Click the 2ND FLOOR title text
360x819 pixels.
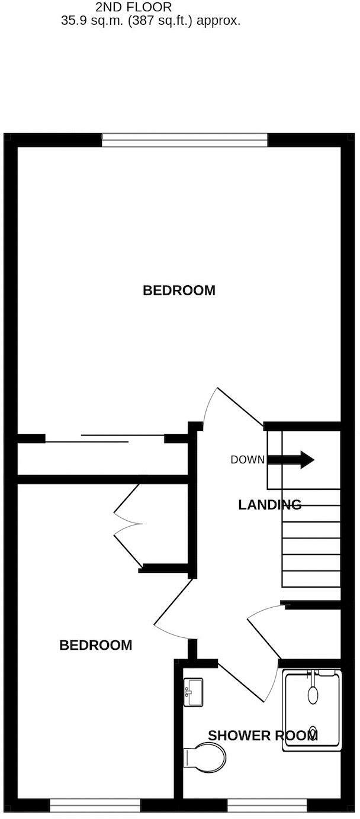(x=134, y=7)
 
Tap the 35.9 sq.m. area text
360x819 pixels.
(x=150, y=21)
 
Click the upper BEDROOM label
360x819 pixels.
(x=179, y=291)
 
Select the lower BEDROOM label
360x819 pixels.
(x=96, y=645)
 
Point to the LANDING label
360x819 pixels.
(x=269, y=505)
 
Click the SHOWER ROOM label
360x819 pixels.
(x=263, y=736)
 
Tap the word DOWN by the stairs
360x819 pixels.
(x=247, y=460)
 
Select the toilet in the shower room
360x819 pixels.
(x=205, y=757)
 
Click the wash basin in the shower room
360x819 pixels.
(x=193, y=692)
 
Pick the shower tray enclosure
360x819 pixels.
(x=312, y=710)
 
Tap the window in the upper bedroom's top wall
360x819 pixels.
(x=185, y=140)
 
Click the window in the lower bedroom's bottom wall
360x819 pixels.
(x=95, y=805)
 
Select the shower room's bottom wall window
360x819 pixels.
(x=268, y=805)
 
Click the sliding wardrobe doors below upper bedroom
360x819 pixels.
(x=104, y=439)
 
